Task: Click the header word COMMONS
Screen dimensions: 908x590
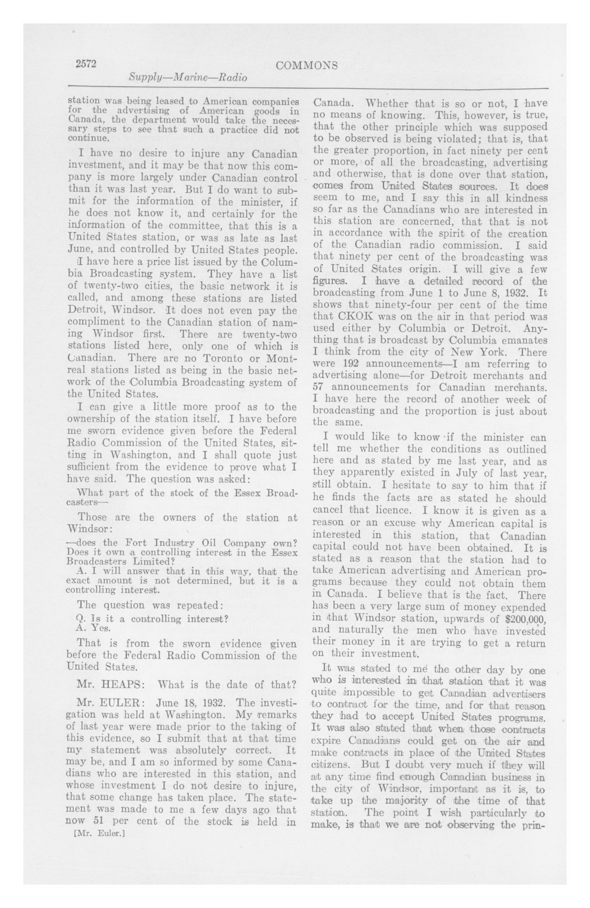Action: pyautogui.click(x=307, y=66)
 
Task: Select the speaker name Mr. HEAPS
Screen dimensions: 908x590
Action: pyautogui.click(x=110, y=695)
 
